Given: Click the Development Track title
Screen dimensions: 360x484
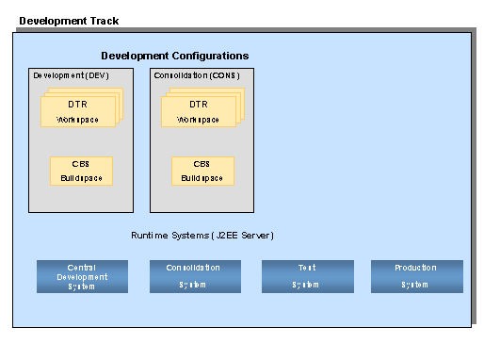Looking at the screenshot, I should point(69,20).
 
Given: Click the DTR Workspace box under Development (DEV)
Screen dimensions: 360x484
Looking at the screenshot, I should point(78,111).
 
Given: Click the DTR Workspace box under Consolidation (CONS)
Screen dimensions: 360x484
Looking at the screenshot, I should point(199,111).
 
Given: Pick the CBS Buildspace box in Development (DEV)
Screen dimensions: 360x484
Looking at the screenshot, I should point(81,171).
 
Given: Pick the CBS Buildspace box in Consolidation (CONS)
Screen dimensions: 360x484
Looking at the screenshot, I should point(202,171).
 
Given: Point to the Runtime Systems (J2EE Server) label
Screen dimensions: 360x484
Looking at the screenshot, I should point(202,235).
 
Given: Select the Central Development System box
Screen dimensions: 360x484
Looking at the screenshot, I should point(82,276).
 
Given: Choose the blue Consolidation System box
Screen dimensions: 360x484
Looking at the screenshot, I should point(195,276).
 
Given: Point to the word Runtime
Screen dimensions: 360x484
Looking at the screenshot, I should point(151,235).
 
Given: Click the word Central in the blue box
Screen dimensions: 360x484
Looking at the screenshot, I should point(82,268).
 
